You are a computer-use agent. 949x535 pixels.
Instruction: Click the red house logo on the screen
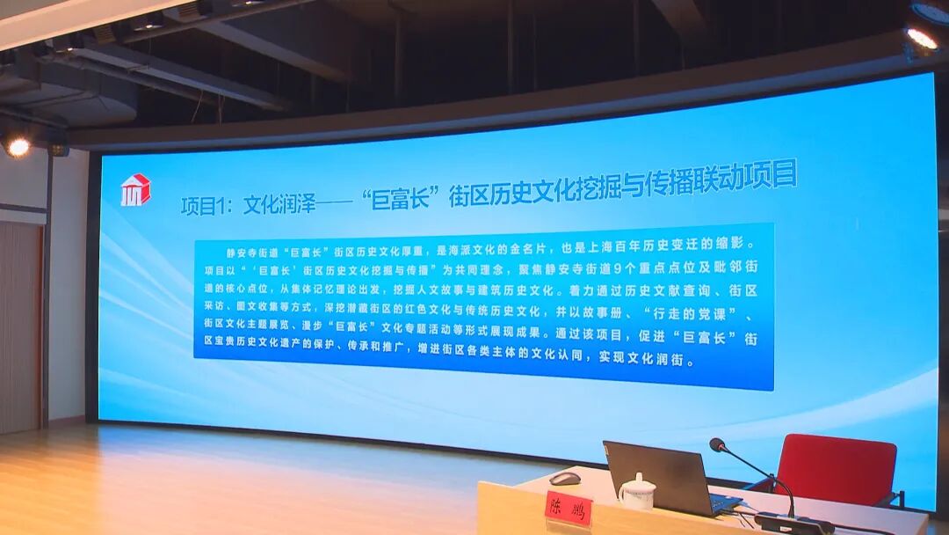point(135,189)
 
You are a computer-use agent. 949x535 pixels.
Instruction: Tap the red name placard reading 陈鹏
point(569,508)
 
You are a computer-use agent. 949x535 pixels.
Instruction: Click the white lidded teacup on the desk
point(637,492)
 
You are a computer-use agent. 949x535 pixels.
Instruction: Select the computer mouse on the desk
point(565,479)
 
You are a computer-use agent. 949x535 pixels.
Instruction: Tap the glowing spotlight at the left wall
point(17,147)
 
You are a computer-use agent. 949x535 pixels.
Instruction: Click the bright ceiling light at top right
point(922,38)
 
